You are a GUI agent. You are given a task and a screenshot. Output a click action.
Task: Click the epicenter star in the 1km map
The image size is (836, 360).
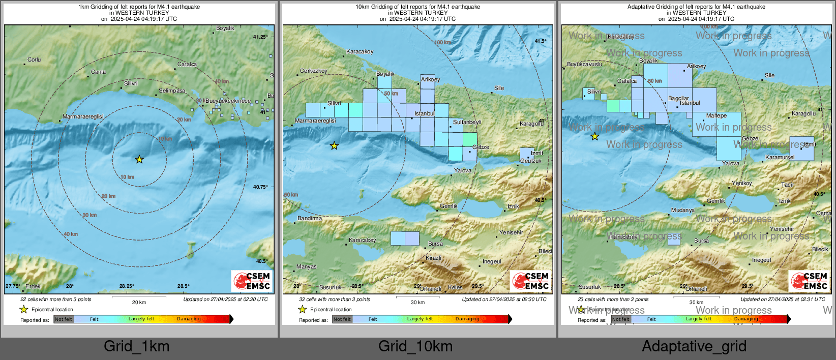coord(139,160)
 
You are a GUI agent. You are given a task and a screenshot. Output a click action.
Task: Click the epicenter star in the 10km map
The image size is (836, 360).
coord(334,146)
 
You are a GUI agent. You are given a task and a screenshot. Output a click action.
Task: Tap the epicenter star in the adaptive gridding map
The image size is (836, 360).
coord(594,136)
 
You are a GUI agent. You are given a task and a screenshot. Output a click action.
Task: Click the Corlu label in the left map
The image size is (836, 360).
coord(34,60)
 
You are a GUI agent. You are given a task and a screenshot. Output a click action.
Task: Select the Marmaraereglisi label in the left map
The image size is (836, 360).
coord(83,117)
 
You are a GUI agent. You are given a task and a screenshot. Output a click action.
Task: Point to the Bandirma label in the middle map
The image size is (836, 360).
coord(310,219)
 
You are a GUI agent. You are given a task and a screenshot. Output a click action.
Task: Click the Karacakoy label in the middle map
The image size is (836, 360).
coord(360,52)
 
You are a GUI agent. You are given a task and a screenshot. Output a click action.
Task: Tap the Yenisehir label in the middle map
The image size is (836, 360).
coord(511,233)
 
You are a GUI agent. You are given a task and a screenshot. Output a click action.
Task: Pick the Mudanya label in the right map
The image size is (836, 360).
coord(682,211)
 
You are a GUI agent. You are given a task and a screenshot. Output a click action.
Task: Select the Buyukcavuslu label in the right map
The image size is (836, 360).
coord(584,65)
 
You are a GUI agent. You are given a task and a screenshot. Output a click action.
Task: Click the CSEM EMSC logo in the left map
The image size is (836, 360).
coord(252,281)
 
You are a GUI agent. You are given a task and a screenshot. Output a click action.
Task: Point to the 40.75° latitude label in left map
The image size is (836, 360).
coord(260,187)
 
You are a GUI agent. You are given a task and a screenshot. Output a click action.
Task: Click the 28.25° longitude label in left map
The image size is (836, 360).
coord(127,286)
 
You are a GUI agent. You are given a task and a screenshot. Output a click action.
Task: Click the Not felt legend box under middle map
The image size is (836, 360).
coord(342,319)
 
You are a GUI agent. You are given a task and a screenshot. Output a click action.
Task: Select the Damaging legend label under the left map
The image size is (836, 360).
coord(189,319)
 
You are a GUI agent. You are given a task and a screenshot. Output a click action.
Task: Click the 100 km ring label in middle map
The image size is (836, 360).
coord(443,43)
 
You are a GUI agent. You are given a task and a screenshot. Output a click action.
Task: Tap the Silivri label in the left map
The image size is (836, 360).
coord(131,83)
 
